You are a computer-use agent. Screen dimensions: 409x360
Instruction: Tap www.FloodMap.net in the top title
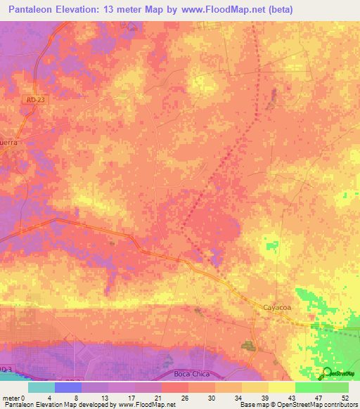click(222, 10)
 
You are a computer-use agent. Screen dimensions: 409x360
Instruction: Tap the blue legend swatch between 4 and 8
click(67, 387)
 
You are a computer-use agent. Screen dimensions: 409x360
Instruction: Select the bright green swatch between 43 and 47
click(308, 387)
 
